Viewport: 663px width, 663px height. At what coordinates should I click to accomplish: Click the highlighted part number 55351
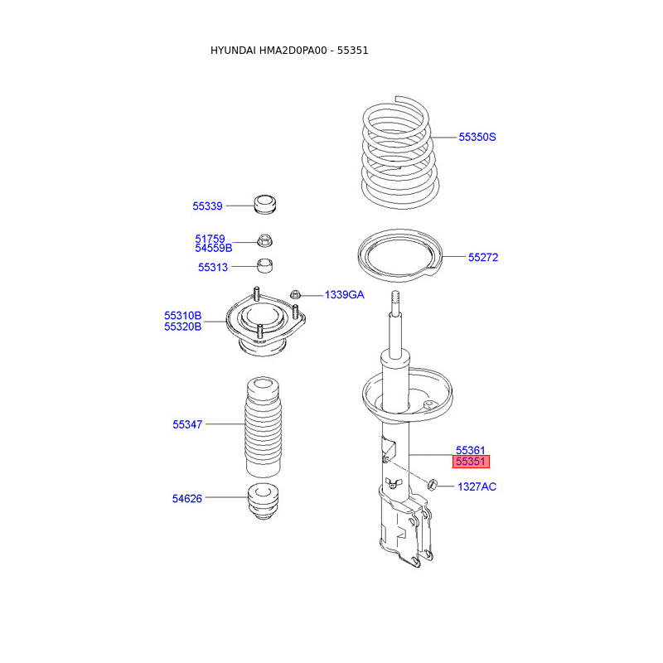[x=471, y=462]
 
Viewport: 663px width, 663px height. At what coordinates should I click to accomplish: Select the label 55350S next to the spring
[x=477, y=137]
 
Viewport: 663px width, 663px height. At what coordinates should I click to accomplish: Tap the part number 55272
[x=483, y=257]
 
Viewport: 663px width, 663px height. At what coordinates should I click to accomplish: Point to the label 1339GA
[x=344, y=295]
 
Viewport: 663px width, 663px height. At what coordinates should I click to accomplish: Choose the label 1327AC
[x=477, y=486]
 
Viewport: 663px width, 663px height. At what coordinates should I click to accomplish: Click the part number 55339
[x=207, y=206]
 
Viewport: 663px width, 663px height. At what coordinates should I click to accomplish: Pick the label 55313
[x=213, y=267]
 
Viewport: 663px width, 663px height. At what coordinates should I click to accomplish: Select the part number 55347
[x=187, y=424]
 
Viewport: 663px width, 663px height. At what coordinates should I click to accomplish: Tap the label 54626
[x=187, y=499]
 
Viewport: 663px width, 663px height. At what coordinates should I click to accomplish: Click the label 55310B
[x=182, y=316]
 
